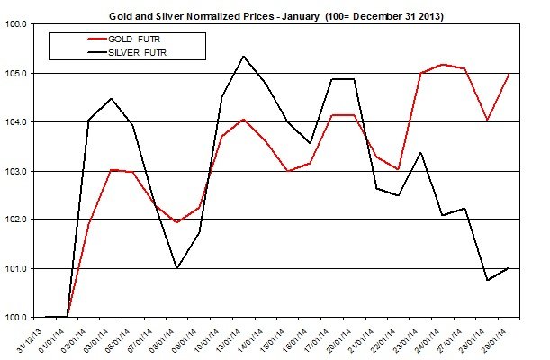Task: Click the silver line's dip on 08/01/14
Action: coord(176,268)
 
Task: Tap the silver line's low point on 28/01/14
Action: coord(487,280)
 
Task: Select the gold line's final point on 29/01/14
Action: coord(509,74)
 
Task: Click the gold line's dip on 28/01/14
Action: coord(487,120)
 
